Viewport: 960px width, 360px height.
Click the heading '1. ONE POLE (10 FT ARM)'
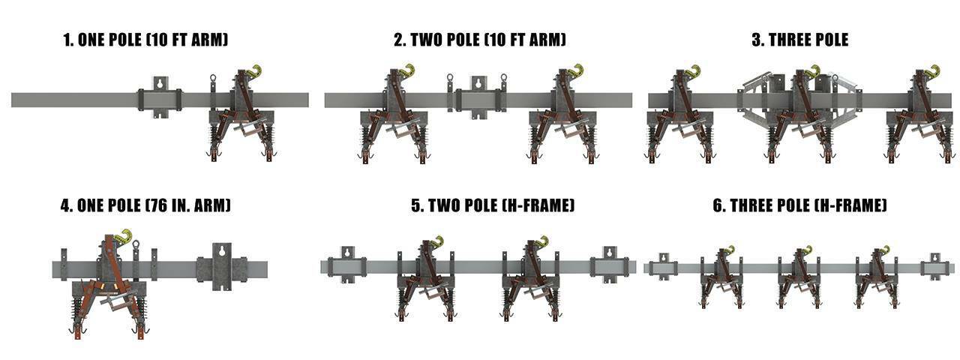pos(145,40)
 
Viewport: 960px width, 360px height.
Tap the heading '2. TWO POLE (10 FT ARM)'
pos(480,40)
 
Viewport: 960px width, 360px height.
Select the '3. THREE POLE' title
pos(800,40)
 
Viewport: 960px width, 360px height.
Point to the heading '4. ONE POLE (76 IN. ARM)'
pos(145,205)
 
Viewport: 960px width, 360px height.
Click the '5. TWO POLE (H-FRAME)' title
pos(493,205)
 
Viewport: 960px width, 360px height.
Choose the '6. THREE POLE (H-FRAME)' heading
pos(799,205)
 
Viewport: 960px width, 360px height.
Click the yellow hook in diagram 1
pos(254,73)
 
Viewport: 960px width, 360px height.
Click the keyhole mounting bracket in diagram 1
pos(160,98)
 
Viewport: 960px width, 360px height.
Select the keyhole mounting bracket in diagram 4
pos(222,266)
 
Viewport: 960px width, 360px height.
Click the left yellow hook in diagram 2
pos(407,72)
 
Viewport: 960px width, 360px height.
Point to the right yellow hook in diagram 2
pos(577,72)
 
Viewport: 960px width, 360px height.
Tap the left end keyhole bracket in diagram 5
pos(346,265)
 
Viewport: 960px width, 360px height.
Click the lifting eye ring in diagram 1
pos(213,79)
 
